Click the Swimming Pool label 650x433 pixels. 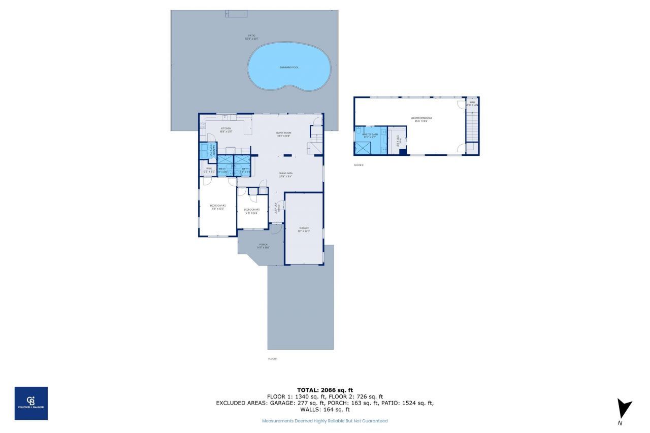coord(289,68)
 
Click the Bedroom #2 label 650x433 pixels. coord(218,207)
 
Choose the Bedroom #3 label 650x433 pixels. coord(252,211)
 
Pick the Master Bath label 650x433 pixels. coord(370,135)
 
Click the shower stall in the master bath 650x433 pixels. coord(364,148)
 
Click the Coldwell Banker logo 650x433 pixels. coord(31,403)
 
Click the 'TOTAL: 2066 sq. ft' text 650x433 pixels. coord(324,390)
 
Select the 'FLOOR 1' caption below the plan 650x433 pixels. coord(273,359)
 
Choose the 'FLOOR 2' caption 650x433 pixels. coord(359,165)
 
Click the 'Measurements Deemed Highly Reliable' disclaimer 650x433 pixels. coord(324,421)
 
